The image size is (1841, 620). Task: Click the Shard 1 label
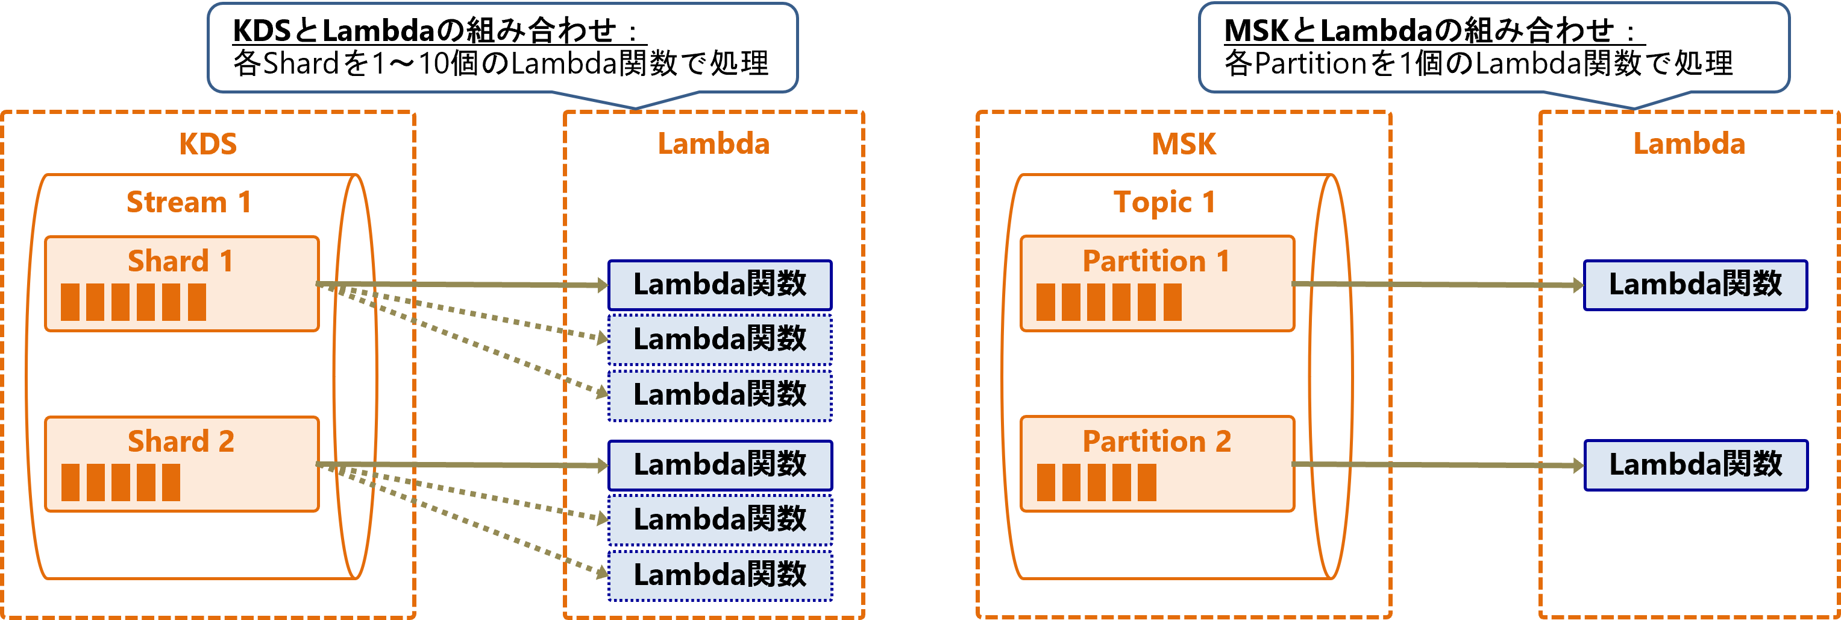[x=180, y=261]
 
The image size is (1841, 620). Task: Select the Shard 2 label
[x=180, y=441]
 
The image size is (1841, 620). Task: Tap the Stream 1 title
[x=189, y=203]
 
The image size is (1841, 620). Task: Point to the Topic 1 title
[x=1164, y=203]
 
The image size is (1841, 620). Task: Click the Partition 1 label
[x=1156, y=261]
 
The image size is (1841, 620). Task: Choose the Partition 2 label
[x=1156, y=441]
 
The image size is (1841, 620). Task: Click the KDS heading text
[x=207, y=144]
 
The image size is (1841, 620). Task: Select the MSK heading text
[x=1184, y=144]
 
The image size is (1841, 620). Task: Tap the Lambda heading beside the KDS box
[x=714, y=144]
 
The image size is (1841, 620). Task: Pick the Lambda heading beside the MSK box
[x=1689, y=144]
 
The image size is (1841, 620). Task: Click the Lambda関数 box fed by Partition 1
[x=1695, y=285]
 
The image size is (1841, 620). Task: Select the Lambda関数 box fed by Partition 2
[x=1695, y=465]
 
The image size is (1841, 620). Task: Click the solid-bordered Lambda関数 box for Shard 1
[x=719, y=285]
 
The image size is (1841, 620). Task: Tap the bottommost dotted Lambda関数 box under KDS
[x=719, y=575]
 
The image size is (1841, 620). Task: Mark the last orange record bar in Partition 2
[x=1146, y=482]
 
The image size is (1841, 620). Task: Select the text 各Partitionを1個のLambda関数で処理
[x=1478, y=65]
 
